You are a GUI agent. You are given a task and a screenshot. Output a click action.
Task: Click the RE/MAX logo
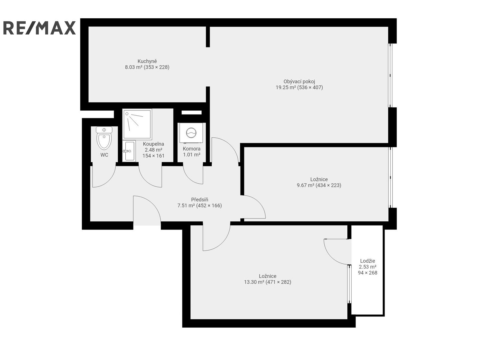click(39, 28)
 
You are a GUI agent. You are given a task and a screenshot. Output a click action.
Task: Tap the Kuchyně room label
click(147, 61)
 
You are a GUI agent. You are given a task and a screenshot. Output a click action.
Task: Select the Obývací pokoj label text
click(299, 81)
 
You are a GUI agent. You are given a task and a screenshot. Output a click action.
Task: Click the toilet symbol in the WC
click(104, 138)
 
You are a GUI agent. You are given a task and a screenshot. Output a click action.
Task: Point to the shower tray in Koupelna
click(137, 124)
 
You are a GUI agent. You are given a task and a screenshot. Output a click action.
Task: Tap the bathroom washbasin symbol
click(129, 151)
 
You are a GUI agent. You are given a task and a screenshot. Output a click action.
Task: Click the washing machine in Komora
click(191, 133)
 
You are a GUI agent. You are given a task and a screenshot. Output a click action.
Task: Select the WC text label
click(104, 155)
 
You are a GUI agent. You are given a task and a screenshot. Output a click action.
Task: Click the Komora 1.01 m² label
click(191, 152)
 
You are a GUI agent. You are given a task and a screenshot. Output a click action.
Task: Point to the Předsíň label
click(199, 199)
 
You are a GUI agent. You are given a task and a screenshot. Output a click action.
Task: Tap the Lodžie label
click(367, 261)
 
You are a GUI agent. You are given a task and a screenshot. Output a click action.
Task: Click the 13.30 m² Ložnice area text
click(268, 282)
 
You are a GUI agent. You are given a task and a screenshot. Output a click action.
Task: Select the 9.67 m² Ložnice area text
click(319, 185)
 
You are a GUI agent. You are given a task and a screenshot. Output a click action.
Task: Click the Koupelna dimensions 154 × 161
click(153, 156)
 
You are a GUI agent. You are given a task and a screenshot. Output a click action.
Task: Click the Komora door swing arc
click(189, 178)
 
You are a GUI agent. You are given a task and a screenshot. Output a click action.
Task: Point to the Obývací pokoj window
click(390, 75)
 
